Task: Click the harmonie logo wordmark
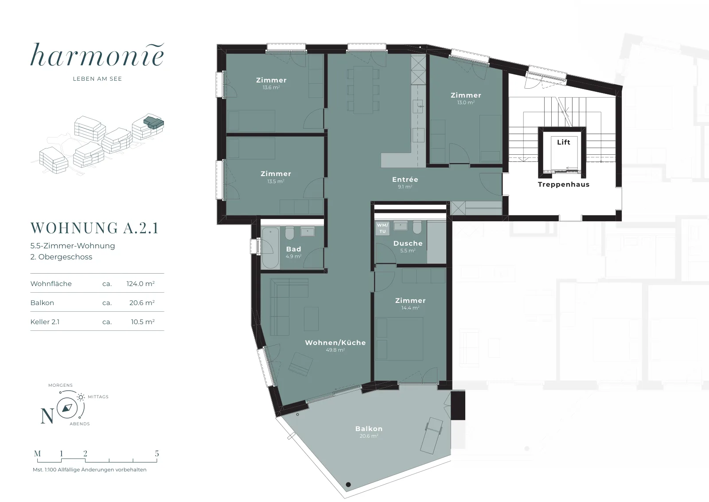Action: coord(97,55)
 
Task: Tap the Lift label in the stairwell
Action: coord(563,142)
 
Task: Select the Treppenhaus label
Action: coord(563,184)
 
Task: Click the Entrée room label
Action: coord(405,179)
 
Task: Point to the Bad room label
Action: coord(293,249)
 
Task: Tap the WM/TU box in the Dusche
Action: coord(382,228)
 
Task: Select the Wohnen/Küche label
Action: coord(335,342)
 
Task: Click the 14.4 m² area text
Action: coord(410,307)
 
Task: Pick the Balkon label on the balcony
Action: coord(369,428)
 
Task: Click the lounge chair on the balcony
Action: coord(432,435)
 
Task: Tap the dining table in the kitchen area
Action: coord(363,90)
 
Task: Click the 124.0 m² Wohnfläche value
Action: coord(140,283)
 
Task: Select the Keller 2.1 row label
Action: coord(45,322)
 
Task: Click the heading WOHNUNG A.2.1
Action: coord(94,228)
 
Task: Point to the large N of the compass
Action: coord(47,416)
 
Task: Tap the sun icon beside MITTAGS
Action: coord(81,397)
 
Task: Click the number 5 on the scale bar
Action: coord(157,453)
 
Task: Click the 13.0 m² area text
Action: coord(466,102)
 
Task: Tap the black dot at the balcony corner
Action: coord(348,485)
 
